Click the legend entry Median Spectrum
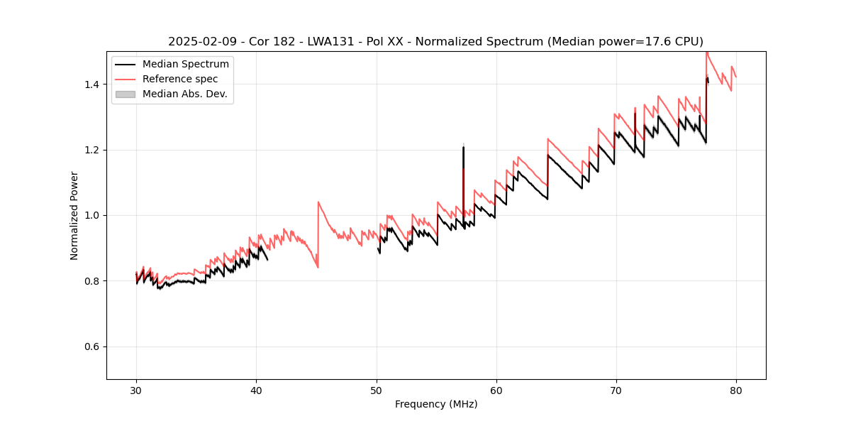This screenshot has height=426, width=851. coord(185,65)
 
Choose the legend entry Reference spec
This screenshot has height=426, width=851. coord(180,79)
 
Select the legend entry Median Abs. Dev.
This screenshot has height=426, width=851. coord(184,94)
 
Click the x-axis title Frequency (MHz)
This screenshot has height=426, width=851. coord(436,404)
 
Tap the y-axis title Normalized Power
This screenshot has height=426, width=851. coord(74,215)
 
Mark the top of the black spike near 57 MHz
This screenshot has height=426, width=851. coord(463,147)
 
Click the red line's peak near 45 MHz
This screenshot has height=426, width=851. coord(318,202)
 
